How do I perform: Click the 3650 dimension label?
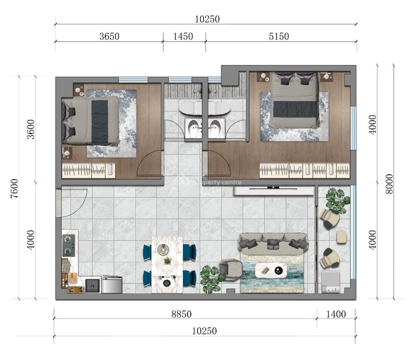click(x=109, y=36)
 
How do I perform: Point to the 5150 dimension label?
click(x=279, y=36)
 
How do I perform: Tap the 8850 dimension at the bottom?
click(x=182, y=314)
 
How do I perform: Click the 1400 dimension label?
click(x=336, y=314)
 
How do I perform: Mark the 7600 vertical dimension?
click(x=14, y=189)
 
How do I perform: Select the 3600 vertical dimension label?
click(x=31, y=129)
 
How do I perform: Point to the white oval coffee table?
click(x=271, y=270)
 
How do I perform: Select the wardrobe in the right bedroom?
click(x=304, y=170)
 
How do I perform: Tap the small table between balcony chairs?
click(x=341, y=237)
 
